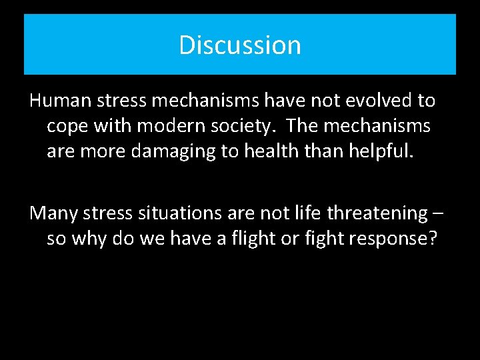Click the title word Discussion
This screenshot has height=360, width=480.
(240, 45)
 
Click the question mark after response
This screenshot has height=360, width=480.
(433, 238)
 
